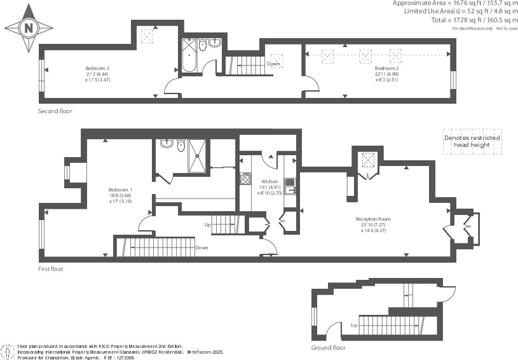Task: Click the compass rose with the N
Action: click(29, 29)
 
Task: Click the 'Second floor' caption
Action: click(55, 111)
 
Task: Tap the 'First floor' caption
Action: click(51, 269)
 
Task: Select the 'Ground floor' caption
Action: click(328, 349)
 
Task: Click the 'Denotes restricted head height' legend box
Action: click(472, 142)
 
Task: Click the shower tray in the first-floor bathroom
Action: click(197, 153)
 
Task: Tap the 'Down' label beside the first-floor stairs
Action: click(202, 247)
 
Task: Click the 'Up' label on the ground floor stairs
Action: click(353, 325)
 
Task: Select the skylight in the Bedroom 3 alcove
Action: click(147, 36)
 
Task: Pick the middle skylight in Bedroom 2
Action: click(365, 56)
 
